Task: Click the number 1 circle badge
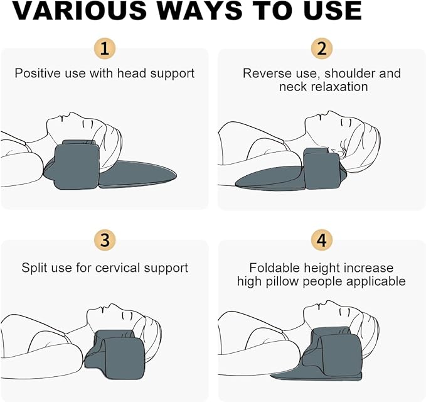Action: click(x=105, y=48)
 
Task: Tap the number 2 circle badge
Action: click(x=321, y=48)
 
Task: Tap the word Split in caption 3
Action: click(x=35, y=268)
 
